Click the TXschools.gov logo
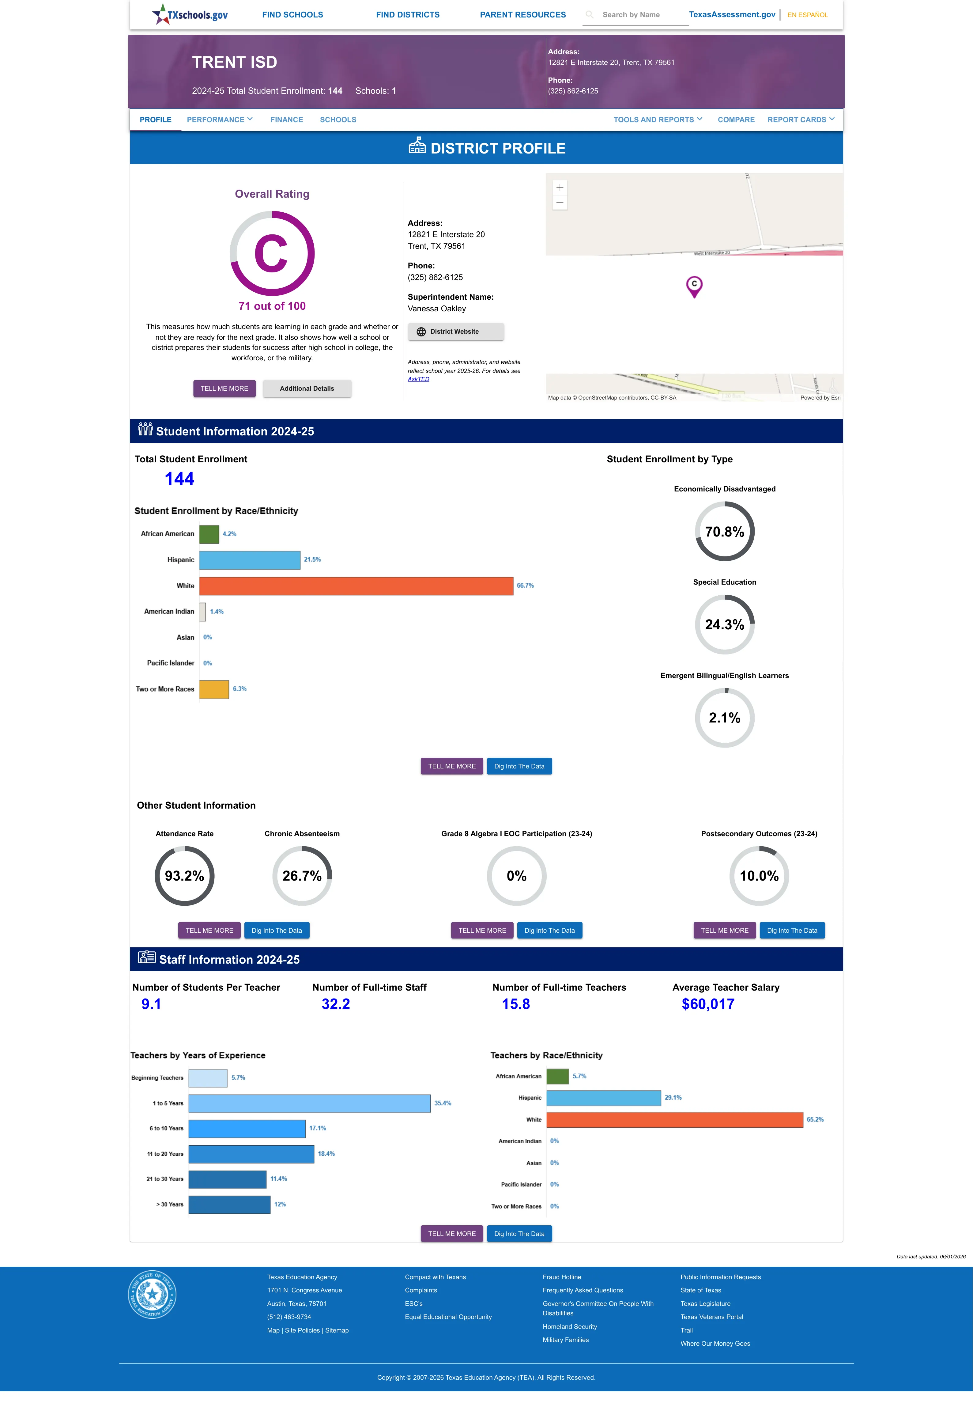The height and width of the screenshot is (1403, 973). [x=190, y=15]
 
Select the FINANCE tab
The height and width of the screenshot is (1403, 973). [x=287, y=119]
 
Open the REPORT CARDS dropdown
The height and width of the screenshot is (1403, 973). [x=801, y=119]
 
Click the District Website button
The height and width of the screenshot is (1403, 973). [x=455, y=332]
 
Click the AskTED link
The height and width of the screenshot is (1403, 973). [x=418, y=379]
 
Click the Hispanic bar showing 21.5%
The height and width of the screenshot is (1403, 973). [x=250, y=560]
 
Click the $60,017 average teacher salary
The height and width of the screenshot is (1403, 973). [x=708, y=1004]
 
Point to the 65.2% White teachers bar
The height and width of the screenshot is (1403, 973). [x=675, y=1120]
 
